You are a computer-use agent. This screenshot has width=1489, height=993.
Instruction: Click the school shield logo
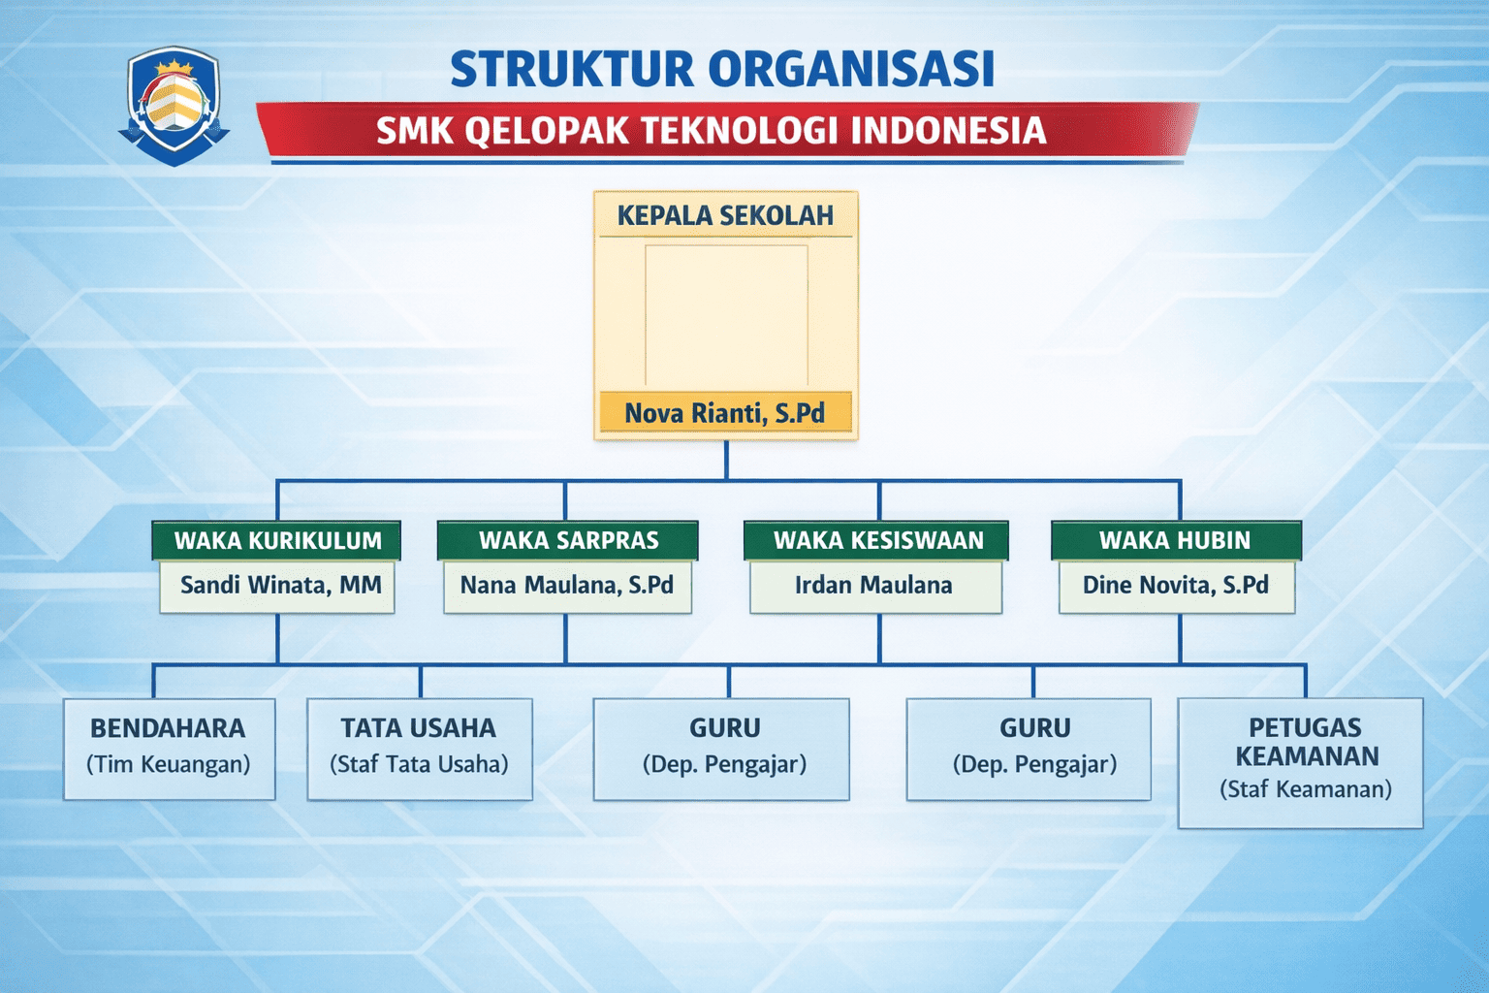(174, 105)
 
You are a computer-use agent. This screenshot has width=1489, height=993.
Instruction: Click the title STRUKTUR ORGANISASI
(722, 69)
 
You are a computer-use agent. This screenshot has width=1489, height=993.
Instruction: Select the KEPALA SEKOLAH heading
(725, 215)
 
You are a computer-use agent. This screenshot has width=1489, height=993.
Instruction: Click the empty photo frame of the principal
(726, 315)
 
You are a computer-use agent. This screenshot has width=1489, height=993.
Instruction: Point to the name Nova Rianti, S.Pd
(725, 413)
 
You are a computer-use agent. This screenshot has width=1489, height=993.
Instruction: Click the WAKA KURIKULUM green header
(277, 540)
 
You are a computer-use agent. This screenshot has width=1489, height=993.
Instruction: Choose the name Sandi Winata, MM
(280, 585)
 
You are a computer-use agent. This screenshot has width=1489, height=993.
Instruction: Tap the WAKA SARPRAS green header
(568, 540)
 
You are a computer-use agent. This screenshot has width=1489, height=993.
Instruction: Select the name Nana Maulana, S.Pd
(567, 585)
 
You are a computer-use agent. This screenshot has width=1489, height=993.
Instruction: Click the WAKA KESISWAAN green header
(877, 540)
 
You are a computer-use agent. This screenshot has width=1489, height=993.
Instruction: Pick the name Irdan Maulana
(873, 585)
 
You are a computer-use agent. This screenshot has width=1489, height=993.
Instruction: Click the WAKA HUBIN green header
(1175, 540)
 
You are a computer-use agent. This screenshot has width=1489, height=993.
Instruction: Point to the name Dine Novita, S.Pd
(1175, 585)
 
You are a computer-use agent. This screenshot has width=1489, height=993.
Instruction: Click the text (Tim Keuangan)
(169, 764)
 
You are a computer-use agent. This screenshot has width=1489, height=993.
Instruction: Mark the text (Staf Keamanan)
(1305, 789)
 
